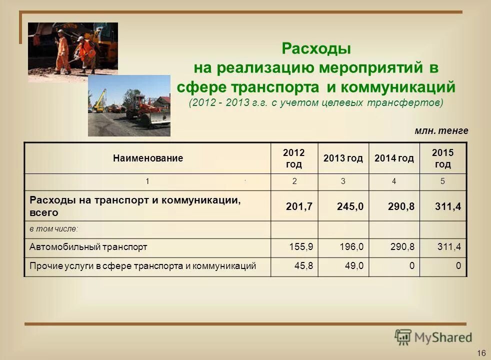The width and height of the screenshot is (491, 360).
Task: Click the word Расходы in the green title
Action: (316, 49)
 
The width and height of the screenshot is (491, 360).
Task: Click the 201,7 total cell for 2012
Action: (299, 206)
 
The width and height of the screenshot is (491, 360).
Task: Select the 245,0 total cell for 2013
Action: (350, 206)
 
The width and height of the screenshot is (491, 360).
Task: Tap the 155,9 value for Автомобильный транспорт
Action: (301, 247)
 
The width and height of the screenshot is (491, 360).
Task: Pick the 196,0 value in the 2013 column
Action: (351, 247)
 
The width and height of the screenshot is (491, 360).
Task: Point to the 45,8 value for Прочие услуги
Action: (304, 266)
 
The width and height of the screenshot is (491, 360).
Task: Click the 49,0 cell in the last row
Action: (354, 266)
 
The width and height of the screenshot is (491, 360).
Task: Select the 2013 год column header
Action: (343, 158)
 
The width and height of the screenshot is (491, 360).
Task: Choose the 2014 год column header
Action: (394, 158)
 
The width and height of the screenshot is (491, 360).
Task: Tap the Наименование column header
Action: (148, 158)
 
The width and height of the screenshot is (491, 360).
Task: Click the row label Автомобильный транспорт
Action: (88, 247)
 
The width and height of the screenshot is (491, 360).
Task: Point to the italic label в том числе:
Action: (54, 228)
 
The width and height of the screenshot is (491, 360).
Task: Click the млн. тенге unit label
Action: (441, 131)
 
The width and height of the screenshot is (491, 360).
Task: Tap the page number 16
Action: (481, 353)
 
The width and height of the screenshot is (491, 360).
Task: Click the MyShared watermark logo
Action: (433, 337)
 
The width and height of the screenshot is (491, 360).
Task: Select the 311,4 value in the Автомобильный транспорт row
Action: (448, 247)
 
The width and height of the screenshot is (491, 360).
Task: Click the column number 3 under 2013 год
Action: (343, 181)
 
